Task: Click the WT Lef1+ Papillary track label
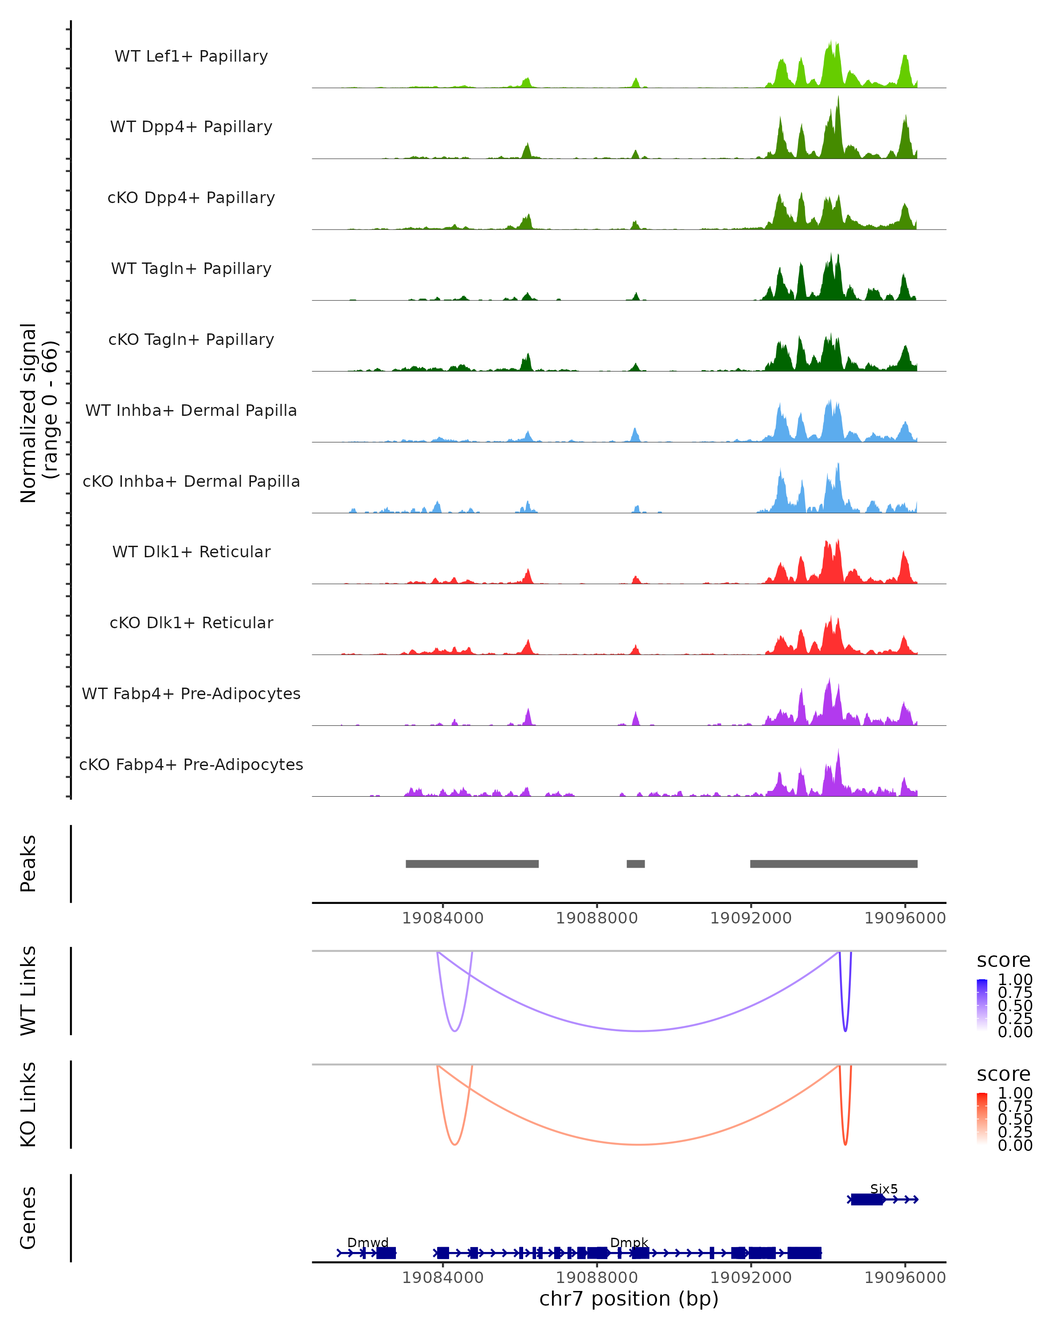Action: click(x=191, y=56)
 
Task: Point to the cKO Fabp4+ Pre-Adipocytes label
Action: click(x=191, y=764)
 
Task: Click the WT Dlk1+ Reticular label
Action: click(x=191, y=552)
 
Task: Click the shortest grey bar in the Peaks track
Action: click(x=635, y=864)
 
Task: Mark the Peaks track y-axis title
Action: click(x=28, y=863)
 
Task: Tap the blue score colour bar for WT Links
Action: click(x=982, y=1005)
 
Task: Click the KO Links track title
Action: click(x=28, y=1104)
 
